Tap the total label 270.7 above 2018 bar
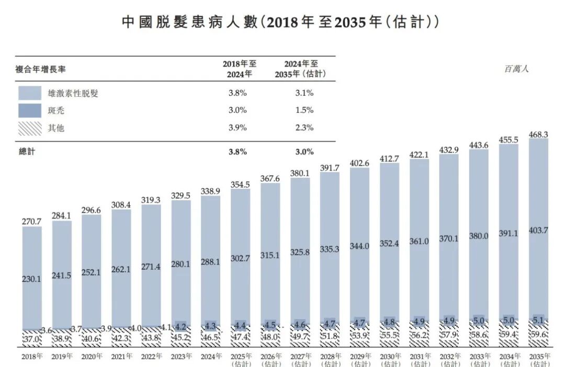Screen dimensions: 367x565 (32, 221)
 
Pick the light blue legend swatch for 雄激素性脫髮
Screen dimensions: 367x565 (30, 93)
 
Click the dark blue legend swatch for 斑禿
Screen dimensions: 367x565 (30, 110)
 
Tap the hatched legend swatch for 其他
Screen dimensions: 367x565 (30, 128)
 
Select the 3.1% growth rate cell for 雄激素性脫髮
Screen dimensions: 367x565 (303, 93)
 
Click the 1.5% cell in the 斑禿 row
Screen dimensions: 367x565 (303, 110)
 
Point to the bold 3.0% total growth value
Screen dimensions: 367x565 (303, 152)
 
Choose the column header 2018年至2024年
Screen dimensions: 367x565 (239, 68)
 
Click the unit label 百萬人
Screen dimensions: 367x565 (516, 68)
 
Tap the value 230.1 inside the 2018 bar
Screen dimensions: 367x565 (32, 279)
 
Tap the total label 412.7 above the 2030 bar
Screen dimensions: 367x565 (389, 158)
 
